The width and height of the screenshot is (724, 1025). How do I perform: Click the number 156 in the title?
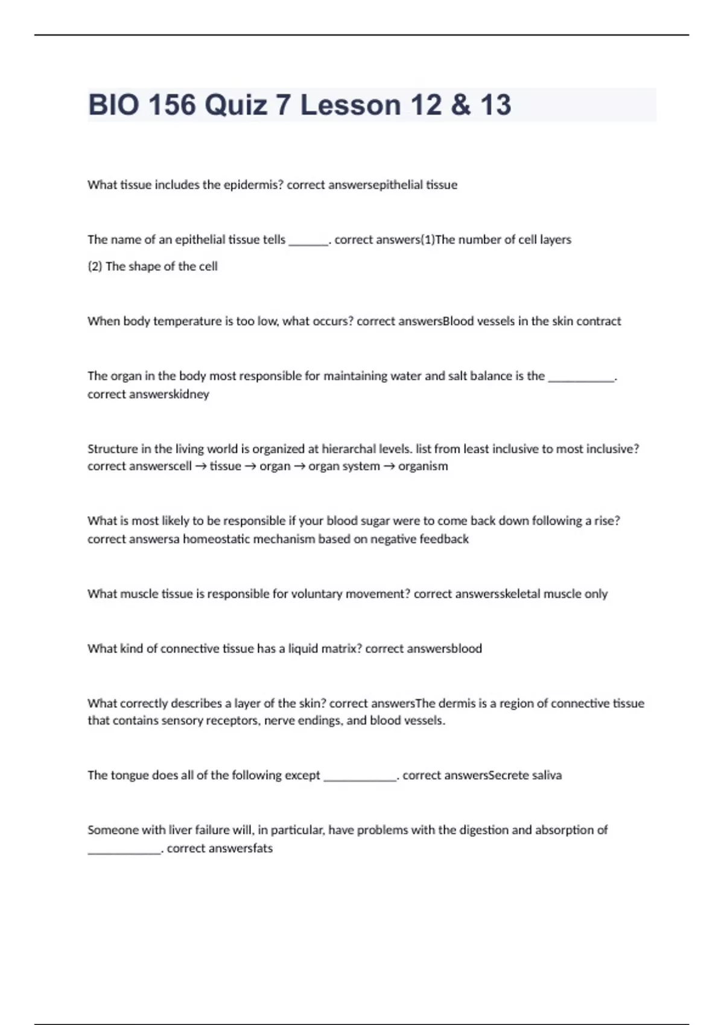click(172, 105)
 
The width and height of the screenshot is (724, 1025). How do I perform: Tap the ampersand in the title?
click(460, 105)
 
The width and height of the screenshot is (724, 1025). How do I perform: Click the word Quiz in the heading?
click(236, 105)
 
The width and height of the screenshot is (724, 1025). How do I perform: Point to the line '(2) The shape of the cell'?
click(153, 266)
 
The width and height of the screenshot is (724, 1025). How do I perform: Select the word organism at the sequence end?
click(423, 466)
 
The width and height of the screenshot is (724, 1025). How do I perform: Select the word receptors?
click(232, 721)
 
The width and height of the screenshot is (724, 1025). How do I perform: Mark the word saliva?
click(547, 775)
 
